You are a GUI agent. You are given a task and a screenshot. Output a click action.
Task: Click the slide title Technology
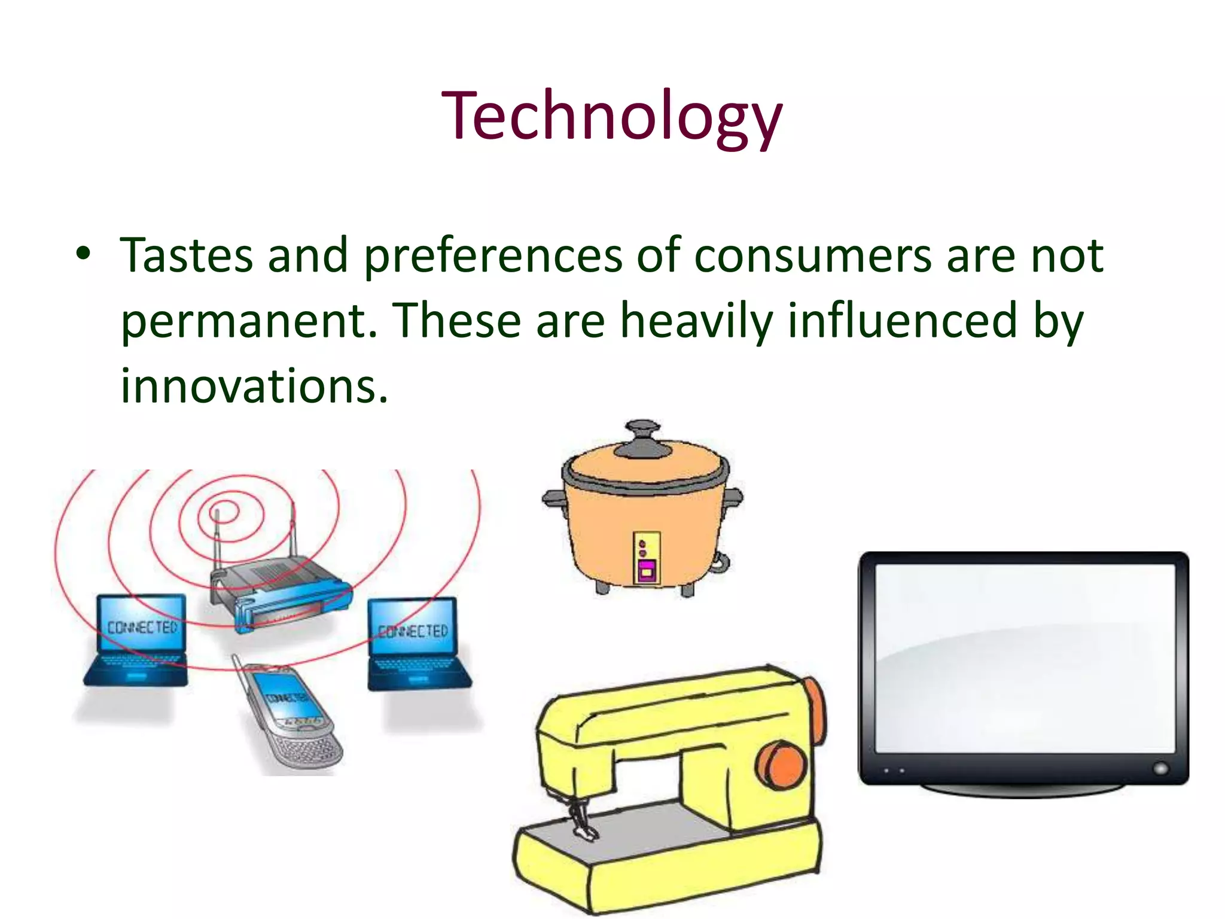tap(611, 116)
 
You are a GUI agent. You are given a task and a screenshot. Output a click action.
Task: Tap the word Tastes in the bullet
tap(186, 255)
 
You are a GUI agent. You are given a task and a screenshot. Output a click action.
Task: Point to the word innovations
tap(254, 387)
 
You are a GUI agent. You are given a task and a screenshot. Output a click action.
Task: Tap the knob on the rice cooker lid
tap(642, 432)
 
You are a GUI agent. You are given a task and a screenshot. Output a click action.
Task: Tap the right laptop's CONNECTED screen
tap(412, 628)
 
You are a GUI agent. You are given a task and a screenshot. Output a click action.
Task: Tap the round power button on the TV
tap(1160, 768)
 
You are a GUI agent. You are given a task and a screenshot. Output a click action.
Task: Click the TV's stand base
tap(1023, 790)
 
